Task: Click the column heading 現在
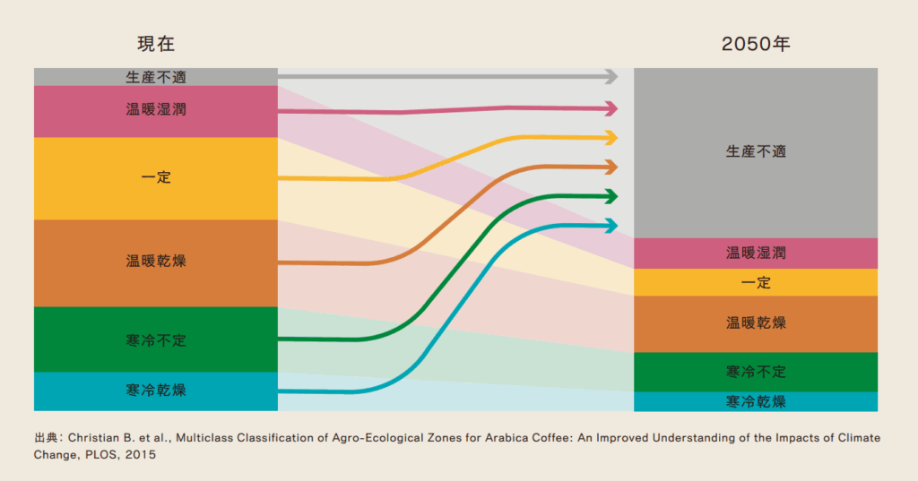click(155, 44)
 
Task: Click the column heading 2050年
click(755, 44)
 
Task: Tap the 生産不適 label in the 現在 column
click(156, 77)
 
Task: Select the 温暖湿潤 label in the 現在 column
click(156, 111)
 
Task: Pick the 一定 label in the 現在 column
click(156, 177)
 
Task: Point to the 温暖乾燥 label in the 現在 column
click(156, 262)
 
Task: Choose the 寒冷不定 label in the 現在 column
click(156, 340)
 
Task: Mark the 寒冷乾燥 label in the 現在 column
click(156, 391)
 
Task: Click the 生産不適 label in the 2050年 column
click(755, 151)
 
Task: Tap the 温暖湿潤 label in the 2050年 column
click(755, 253)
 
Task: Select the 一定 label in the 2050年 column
click(755, 282)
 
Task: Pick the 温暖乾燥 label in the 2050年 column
click(755, 322)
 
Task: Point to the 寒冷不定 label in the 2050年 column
click(755, 371)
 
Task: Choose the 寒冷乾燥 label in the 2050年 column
click(755, 401)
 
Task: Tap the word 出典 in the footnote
click(46, 438)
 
